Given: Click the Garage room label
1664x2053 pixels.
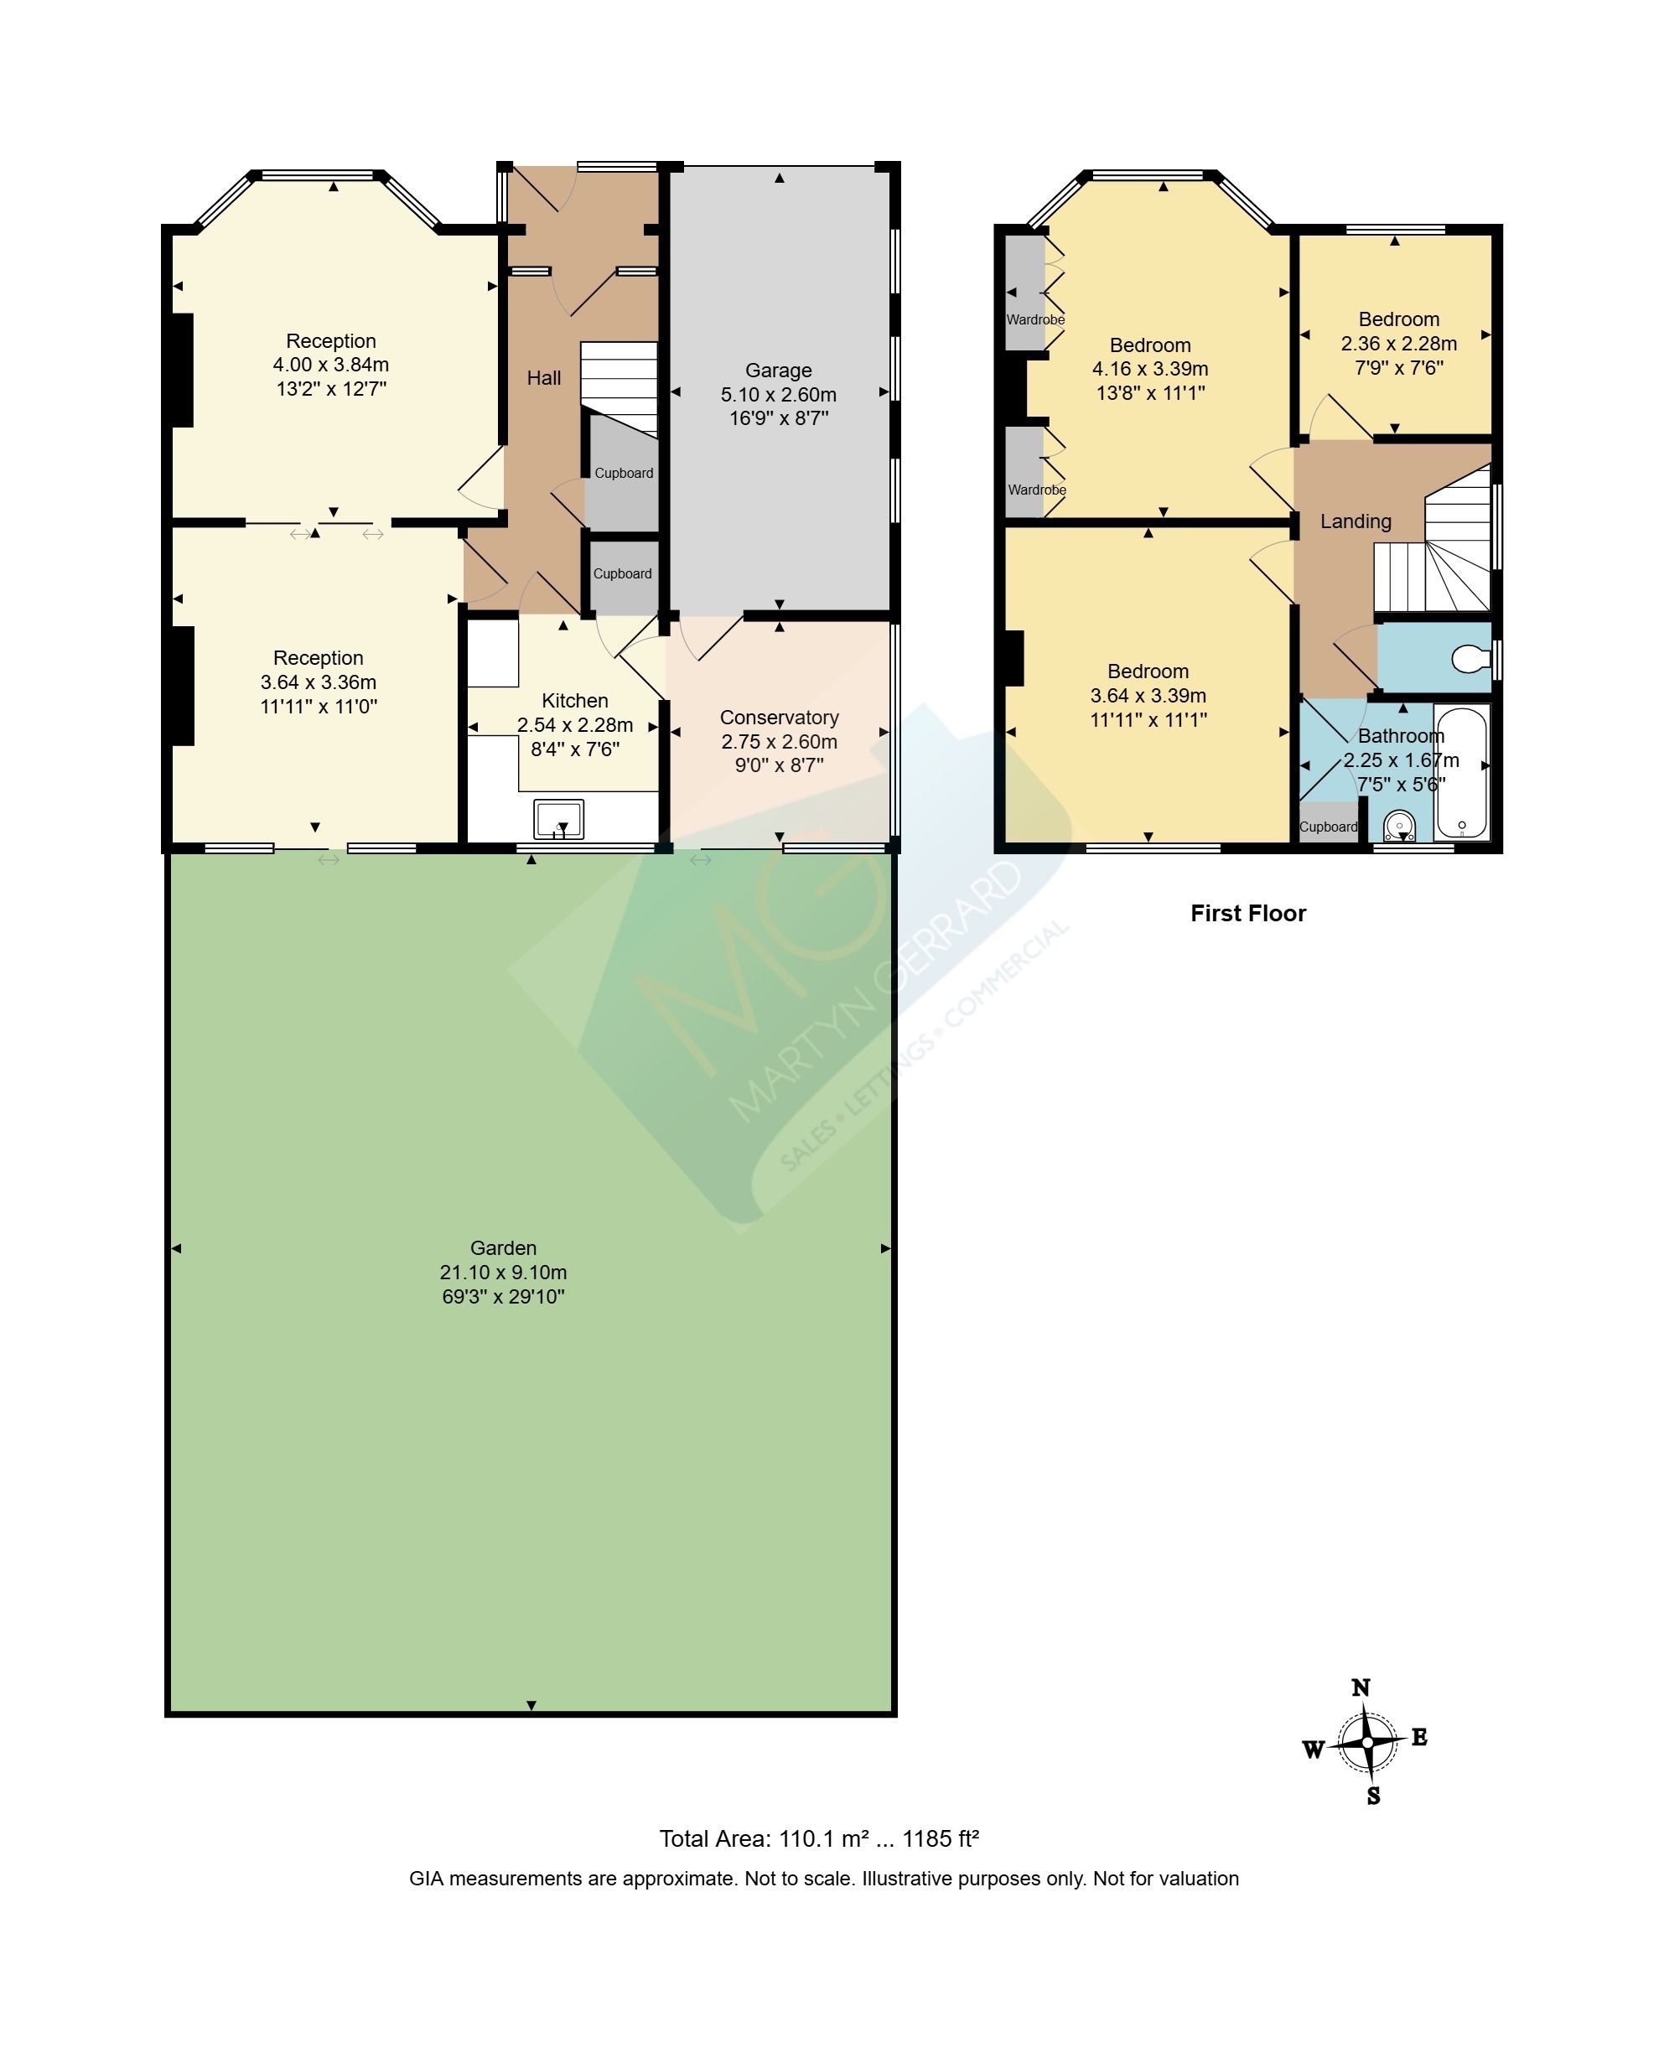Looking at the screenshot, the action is [x=778, y=371].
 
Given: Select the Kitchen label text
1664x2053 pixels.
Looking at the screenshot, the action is [x=575, y=701].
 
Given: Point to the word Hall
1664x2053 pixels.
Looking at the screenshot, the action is [x=543, y=379].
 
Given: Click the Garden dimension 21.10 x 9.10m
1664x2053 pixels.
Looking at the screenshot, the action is [x=503, y=1273].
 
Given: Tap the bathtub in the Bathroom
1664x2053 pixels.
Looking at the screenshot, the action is [x=1462, y=773].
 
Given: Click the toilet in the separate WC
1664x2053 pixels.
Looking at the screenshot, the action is [x=1470, y=658].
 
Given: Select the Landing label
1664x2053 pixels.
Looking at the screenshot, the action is [x=1356, y=521].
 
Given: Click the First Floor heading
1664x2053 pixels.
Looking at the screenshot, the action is [x=1248, y=914].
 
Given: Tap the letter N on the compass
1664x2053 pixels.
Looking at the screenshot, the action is [x=1361, y=1688].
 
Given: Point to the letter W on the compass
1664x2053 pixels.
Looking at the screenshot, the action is [x=1312, y=1750].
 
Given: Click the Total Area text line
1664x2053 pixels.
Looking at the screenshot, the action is [x=818, y=1838].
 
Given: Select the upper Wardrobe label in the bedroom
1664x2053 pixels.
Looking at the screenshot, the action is [x=1035, y=320].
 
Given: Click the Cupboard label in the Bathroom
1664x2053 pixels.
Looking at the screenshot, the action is [x=1329, y=827].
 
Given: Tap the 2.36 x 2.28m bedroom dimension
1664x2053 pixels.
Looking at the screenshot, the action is [x=1398, y=344].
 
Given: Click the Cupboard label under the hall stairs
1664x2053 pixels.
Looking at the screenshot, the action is [x=624, y=474].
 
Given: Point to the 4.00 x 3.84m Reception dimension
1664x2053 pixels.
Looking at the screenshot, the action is [x=330, y=365].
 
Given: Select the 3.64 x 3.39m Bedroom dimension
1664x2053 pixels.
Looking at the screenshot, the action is [x=1148, y=696].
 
